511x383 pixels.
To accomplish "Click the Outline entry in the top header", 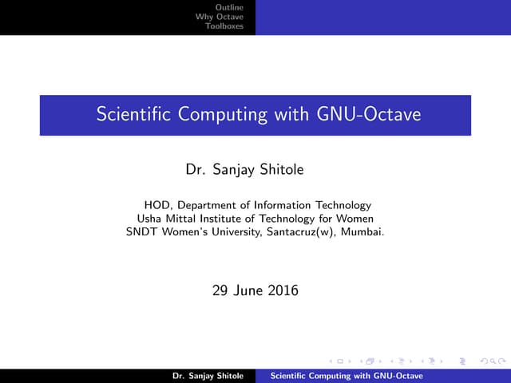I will coord(231,6).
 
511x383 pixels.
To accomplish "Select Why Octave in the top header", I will coord(220,16).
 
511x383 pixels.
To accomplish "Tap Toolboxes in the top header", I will coord(224,26).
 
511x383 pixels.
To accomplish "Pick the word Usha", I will coord(150,219).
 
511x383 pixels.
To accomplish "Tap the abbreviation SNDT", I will coord(141,232).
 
